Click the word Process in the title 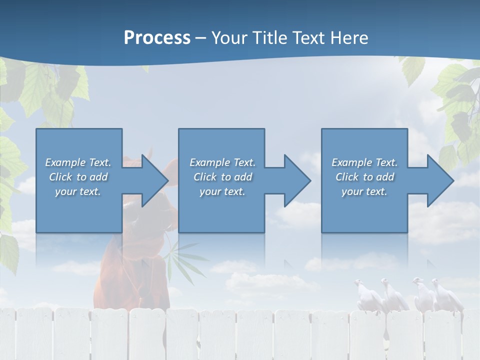(x=157, y=38)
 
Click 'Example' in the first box (x=65, y=162)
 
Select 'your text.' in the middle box (x=222, y=191)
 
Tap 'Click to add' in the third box (x=364, y=177)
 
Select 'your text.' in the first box (x=78, y=191)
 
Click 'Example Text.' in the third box (x=364, y=162)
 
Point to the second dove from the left (x=392, y=295)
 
